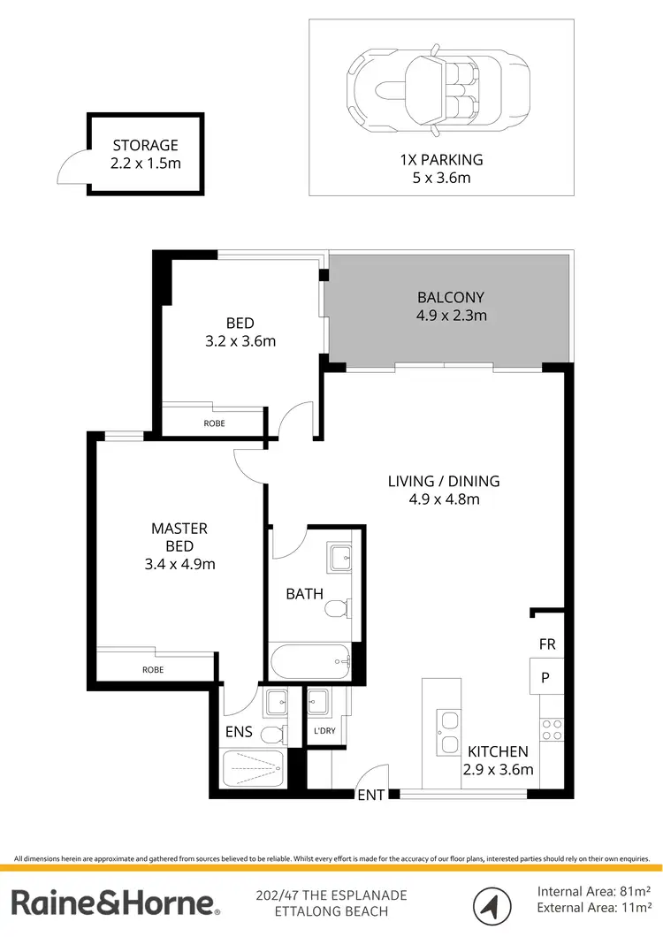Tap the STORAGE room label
coord(145,146)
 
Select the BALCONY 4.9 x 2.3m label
coord(451,307)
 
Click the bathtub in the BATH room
coord(309,659)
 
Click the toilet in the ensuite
coord(276,734)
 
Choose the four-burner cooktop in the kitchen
coord(552,729)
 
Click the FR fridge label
coord(547,644)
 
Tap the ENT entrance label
coord(371,796)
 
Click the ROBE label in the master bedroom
coord(153,669)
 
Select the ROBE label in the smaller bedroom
coord(214,423)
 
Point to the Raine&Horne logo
coord(115,903)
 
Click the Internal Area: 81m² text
coord(594,890)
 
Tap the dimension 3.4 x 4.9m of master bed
coord(179,564)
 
